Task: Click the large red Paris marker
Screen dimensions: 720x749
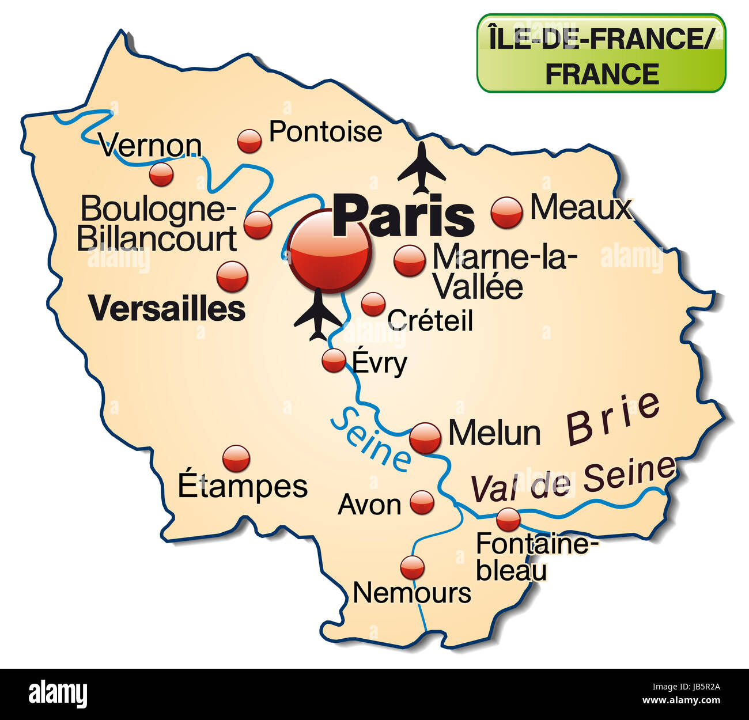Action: tap(331, 251)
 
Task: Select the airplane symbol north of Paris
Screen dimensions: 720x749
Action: tap(422, 168)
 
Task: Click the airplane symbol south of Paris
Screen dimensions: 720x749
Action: tap(317, 316)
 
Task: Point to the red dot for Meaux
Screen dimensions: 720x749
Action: tap(507, 212)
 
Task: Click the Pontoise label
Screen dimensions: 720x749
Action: tap(326, 132)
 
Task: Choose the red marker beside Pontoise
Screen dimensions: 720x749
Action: tap(249, 141)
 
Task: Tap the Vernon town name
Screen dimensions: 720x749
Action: tap(150, 146)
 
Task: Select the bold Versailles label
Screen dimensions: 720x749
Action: tap(168, 309)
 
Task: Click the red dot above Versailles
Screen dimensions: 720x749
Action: tap(232, 276)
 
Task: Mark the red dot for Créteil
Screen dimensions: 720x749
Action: tap(373, 304)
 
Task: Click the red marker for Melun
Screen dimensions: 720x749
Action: tap(425, 438)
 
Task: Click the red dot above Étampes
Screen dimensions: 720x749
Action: tap(236, 458)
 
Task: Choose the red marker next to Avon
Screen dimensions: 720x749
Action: tap(422, 502)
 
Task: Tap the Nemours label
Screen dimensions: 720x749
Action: tap(411, 592)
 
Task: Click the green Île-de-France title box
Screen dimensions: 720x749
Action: tap(601, 53)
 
